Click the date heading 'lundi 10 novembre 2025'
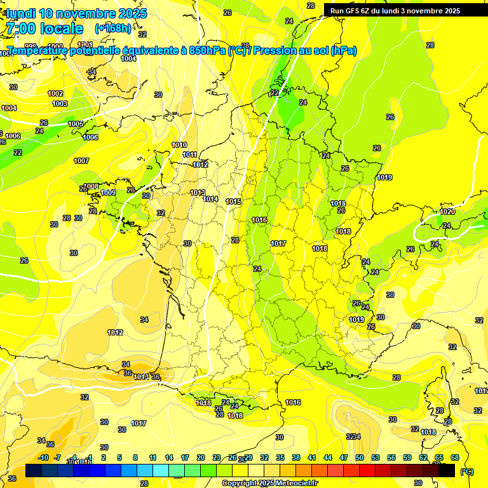click(x=76, y=13)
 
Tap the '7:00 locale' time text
click(x=44, y=29)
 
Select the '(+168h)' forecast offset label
click(x=113, y=29)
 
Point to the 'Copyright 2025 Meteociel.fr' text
click(x=269, y=484)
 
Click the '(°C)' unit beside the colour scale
click(x=466, y=471)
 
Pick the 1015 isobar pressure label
click(x=233, y=201)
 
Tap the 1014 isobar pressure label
click(x=211, y=199)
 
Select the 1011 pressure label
click(x=189, y=154)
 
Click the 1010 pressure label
click(x=179, y=145)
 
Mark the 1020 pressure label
click(x=447, y=212)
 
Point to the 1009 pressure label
click(x=109, y=193)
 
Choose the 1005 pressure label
click(x=76, y=124)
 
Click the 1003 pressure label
click(x=60, y=104)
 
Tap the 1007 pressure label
click(x=81, y=161)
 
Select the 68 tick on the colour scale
click(x=455, y=457)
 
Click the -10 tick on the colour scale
click(x=44, y=457)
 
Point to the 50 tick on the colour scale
click(x=360, y=457)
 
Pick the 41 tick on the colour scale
click(x=312, y=457)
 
